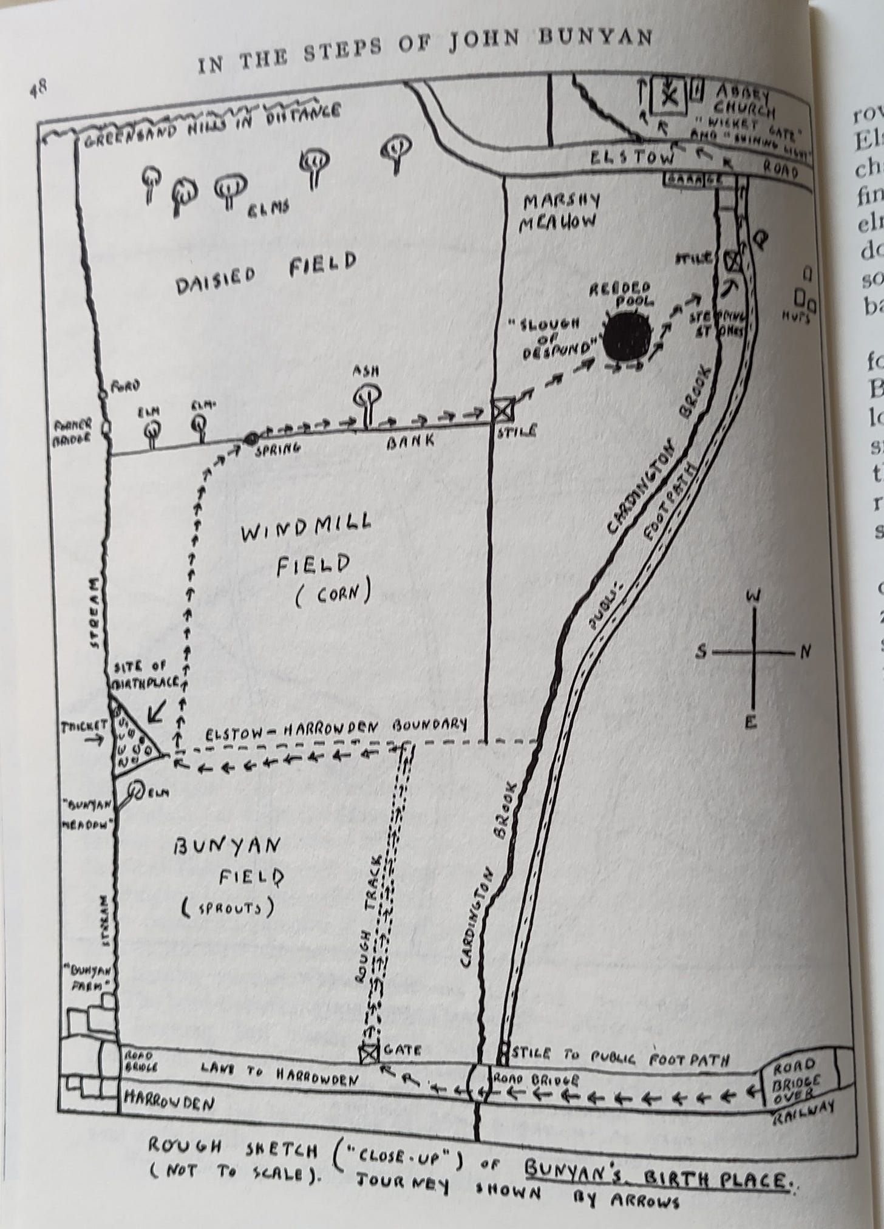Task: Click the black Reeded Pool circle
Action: click(x=628, y=336)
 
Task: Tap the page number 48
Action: click(x=38, y=89)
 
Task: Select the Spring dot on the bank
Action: click(x=251, y=438)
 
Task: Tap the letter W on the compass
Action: click(x=754, y=597)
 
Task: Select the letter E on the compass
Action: click(x=751, y=722)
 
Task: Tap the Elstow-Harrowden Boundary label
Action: click(x=336, y=729)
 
